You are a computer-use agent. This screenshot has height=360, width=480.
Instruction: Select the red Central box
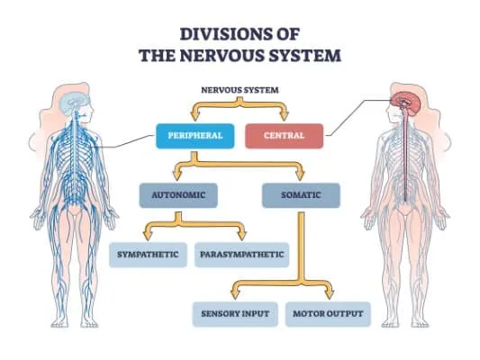click(x=284, y=137)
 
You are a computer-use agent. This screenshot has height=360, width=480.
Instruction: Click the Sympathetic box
click(x=147, y=255)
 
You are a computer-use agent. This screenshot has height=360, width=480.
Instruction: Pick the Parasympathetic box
click(x=241, y=255)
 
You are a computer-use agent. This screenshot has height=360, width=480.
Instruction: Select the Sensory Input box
click(x=235, y=314)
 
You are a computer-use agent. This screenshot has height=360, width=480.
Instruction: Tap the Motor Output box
click(x=328, y=314)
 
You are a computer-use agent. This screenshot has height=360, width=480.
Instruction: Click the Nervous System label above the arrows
click(x=240, y=90)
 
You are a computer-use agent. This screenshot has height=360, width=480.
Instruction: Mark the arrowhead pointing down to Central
click(x=285, y=116)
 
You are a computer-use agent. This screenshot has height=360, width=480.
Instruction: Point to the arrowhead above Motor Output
click(x=329, y=294)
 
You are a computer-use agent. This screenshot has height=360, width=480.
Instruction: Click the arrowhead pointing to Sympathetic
click(x=148, y=236)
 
